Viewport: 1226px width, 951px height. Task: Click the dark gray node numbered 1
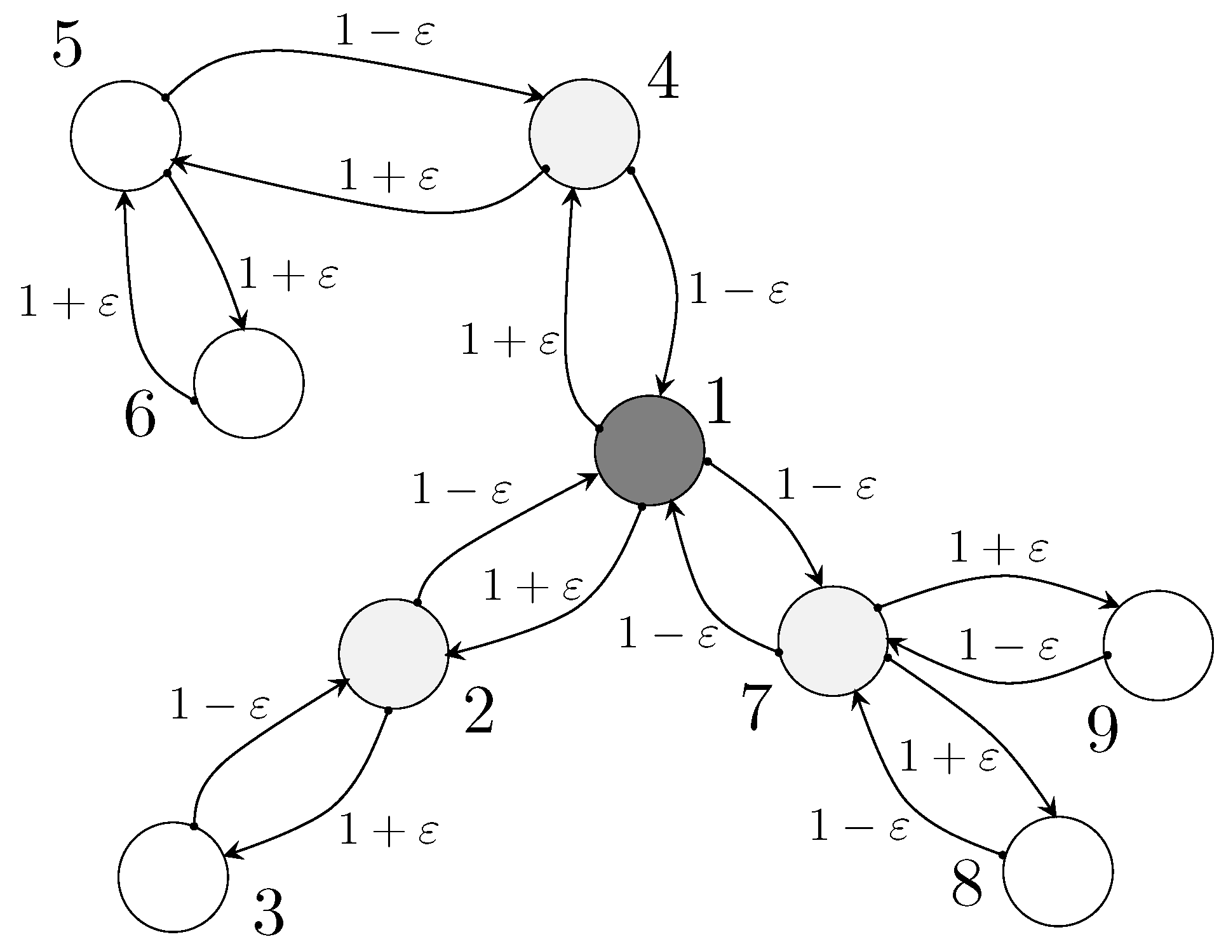tap(649, 450)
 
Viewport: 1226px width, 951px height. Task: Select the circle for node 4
tap(584, 134)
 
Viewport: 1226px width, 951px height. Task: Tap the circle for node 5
tap(126, 135)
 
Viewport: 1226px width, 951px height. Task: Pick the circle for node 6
tap(249, 383)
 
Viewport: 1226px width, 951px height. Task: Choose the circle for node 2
tap(394, 654)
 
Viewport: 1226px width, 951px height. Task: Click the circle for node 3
tap(173, 877)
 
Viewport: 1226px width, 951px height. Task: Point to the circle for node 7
tap(833, 641)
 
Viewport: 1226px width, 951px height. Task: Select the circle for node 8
tap(1058, 871)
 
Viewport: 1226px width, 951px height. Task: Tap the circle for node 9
tap(1159, 645)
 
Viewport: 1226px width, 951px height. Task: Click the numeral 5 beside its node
tap(67, 46)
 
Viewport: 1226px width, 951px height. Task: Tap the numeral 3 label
tap(269, 913)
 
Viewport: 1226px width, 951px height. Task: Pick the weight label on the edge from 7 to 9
tap(998, 550)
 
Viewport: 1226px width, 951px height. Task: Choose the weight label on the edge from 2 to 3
tap(389, 831)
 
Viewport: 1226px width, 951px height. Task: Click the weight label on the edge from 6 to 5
tap(69, 302)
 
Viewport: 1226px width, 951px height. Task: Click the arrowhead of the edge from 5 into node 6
tap(241, 322)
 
